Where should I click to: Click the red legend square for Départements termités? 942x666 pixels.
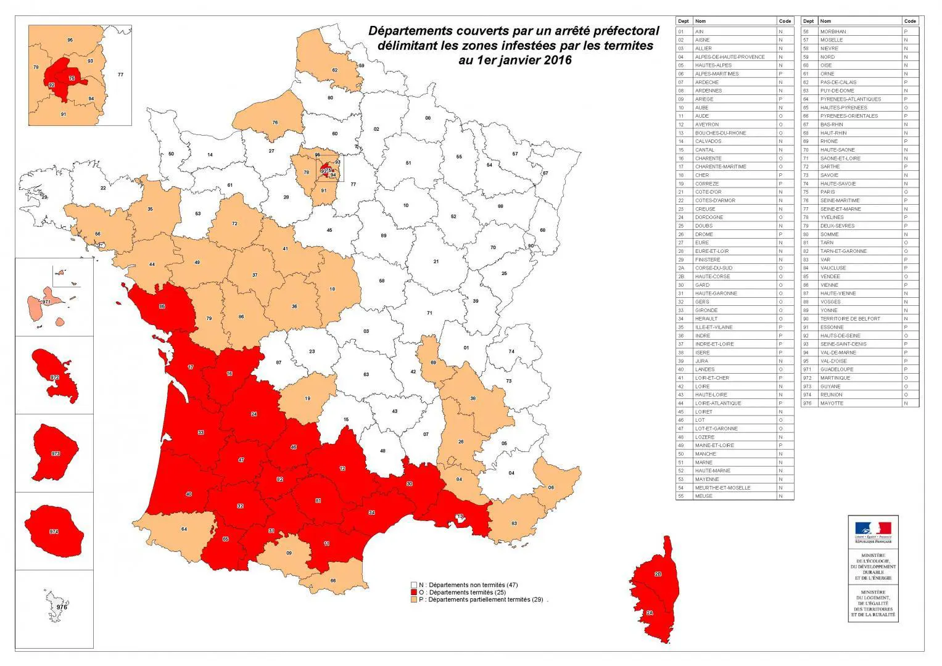(x=413, y=592)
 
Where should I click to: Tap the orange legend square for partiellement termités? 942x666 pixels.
(x=413, y=599)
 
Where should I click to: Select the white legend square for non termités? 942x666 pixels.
(x=413, y=584)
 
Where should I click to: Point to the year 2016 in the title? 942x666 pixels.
(x=558, y=60)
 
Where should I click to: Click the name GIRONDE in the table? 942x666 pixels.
(x=706, y=310)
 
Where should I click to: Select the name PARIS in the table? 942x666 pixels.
(x=827, y=192)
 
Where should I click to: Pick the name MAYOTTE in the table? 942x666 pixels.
(x=831, y=403)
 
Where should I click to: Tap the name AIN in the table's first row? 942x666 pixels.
(x=699, y=31)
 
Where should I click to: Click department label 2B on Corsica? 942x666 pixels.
(x=658, y=574)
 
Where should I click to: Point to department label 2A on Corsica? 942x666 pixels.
(x=650, y=613)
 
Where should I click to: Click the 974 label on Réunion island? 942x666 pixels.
(x=54, y=531)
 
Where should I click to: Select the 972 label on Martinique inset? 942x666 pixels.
(x=54, y=376)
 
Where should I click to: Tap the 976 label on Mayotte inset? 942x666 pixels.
(x=62, y=607)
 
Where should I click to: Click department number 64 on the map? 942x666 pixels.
(x=184, y=529)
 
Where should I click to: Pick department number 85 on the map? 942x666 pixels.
(x=162, y=306)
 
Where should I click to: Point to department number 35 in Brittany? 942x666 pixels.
(x=150, y=210)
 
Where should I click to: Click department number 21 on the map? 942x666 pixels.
(x=436, y=261)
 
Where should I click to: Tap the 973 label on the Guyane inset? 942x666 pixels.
(x=56, y=453)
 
